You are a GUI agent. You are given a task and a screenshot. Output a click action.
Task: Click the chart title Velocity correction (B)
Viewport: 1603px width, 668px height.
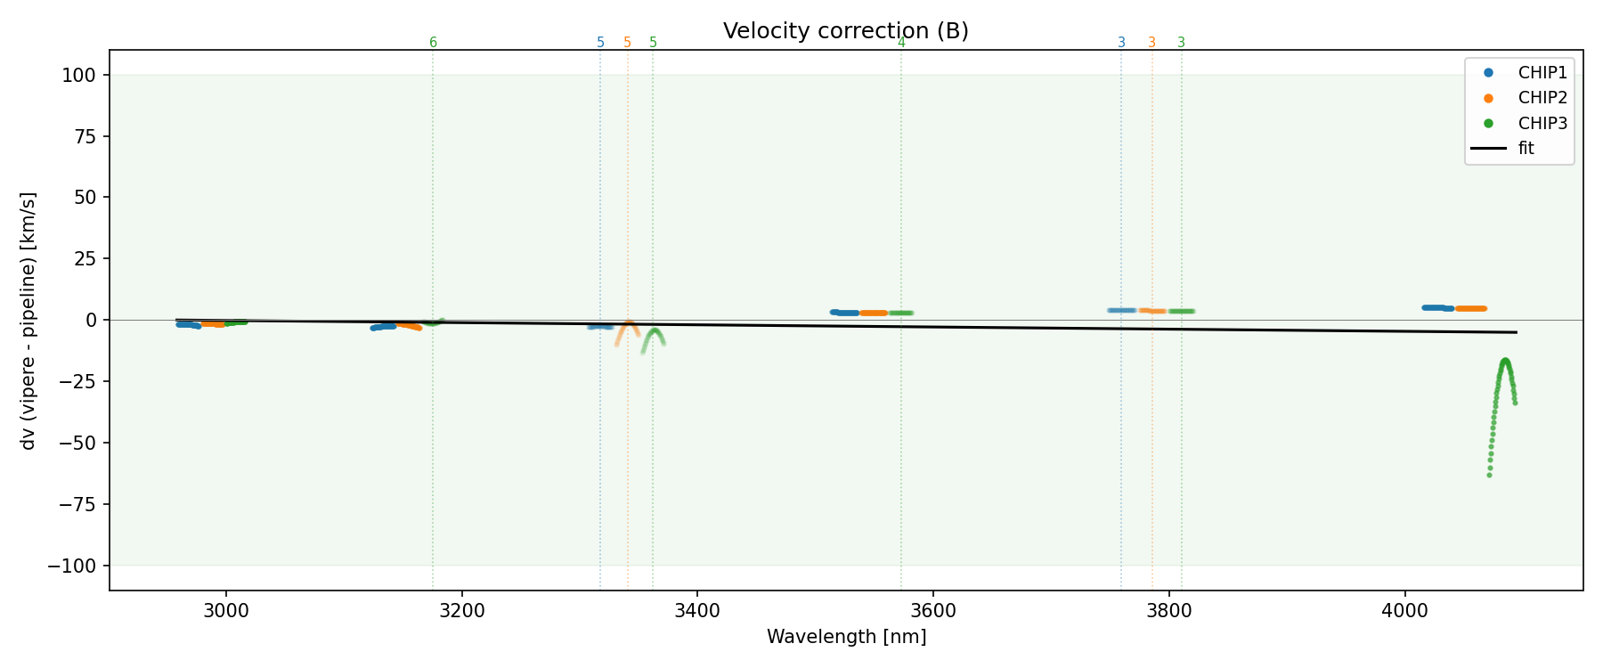tap(845, 31)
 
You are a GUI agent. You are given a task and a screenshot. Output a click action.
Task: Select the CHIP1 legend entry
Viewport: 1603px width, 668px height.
tap(1542, 73)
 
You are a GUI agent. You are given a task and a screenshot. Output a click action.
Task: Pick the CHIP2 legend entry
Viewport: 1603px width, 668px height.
tap(1542, 98)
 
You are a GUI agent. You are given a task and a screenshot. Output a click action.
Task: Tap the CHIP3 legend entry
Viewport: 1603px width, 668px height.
tap(1542, 124)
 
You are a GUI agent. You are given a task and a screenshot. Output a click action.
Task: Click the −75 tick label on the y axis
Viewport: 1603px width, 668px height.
tap(78, 505)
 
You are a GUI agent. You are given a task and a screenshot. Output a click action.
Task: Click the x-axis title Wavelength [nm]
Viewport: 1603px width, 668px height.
tap(846, 637)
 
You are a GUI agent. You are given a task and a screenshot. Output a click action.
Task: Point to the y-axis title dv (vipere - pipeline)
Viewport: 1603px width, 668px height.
tap(28, 320)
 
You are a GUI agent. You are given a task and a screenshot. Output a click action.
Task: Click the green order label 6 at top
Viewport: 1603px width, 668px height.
tap(433, 43)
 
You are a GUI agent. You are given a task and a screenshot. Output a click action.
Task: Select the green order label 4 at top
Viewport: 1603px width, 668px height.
tap(901, 43)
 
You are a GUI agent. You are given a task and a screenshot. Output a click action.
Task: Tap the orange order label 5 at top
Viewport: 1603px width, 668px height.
tap(627, 43)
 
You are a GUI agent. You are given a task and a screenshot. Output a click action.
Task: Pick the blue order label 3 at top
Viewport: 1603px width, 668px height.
tap(1121, 43)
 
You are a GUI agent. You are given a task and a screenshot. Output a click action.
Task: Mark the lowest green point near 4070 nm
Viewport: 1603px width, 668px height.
tap(1489, 475)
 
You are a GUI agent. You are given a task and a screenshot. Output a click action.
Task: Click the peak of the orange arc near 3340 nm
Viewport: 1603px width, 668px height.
tap(629, 322)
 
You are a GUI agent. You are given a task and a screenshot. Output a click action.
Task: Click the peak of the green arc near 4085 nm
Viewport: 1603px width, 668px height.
tap(1505, 361)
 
